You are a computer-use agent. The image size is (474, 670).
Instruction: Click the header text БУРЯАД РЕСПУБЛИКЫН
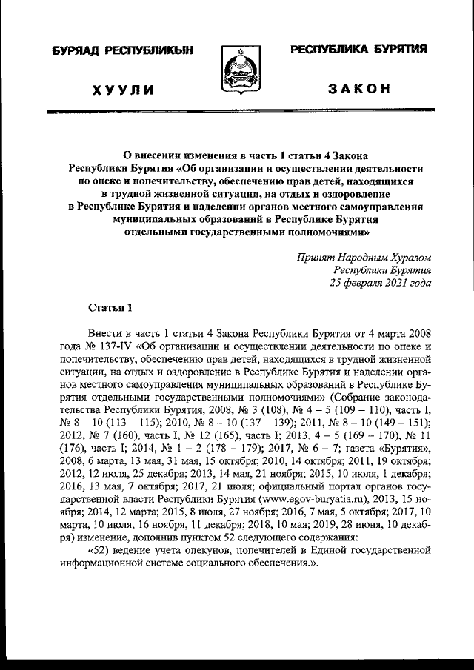tap(123, 50)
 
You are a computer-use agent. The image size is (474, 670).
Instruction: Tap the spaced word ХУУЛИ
tap(123, 90)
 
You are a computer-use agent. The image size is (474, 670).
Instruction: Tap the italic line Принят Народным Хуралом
tap(362, 258)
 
